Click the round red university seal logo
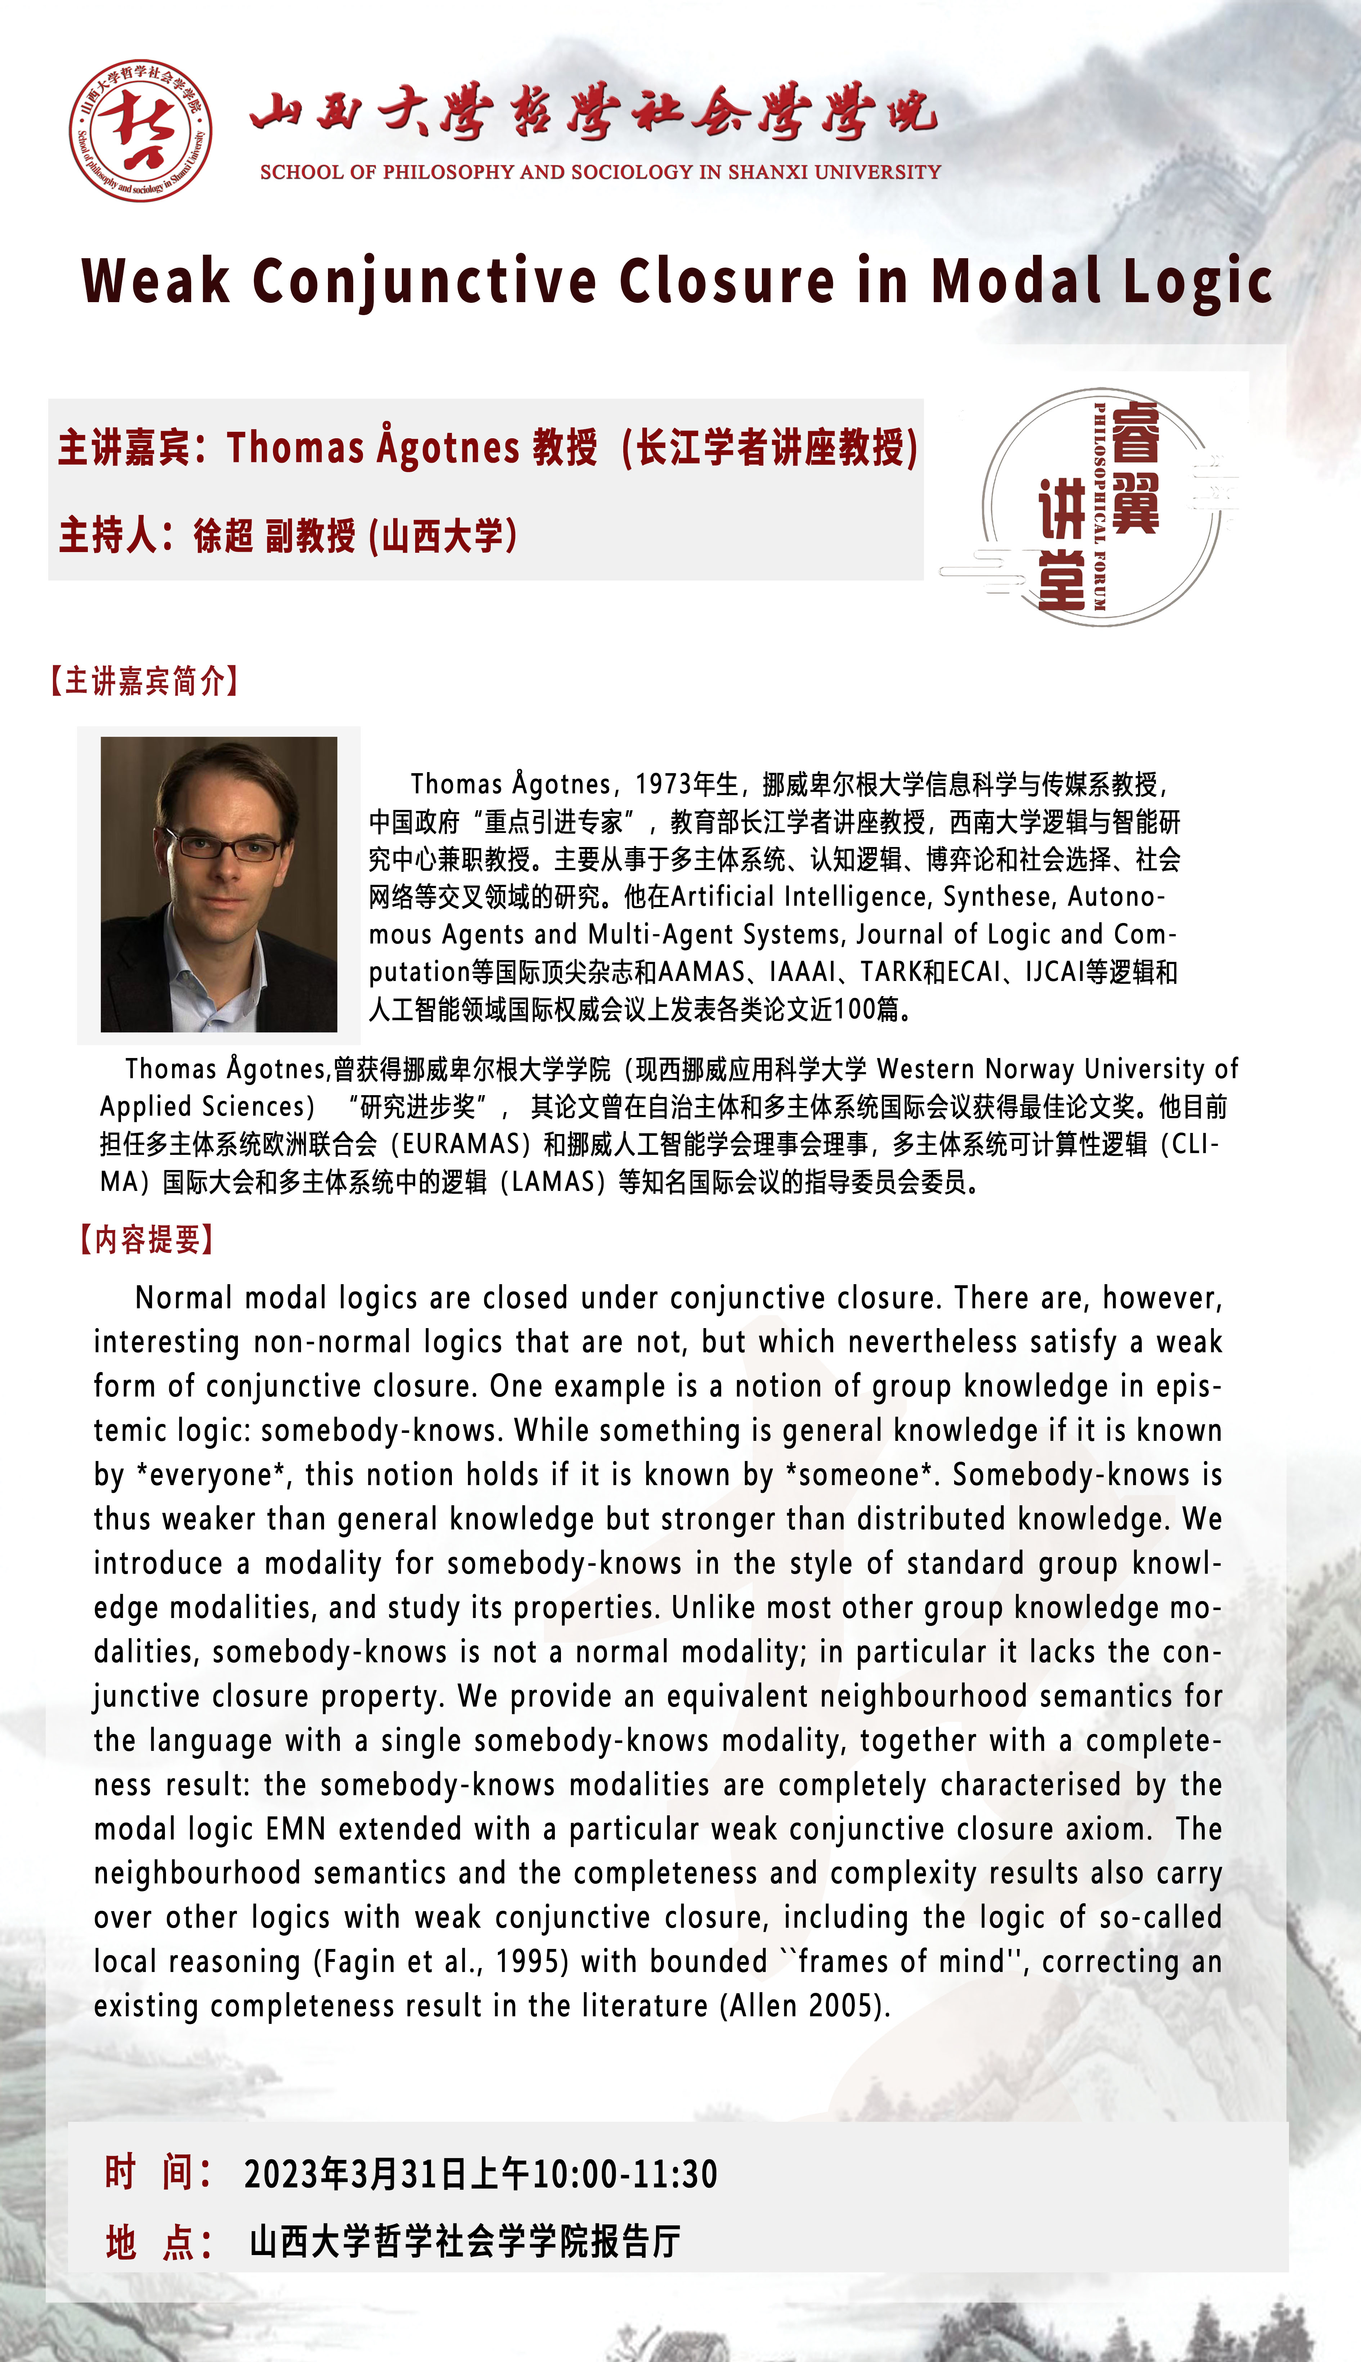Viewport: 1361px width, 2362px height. (140, 130)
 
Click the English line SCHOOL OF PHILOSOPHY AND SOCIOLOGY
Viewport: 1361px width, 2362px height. (600, 172)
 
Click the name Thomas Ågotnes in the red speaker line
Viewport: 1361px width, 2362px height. (372, 447)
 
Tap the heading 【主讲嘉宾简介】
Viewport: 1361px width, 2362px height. (145, 681)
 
